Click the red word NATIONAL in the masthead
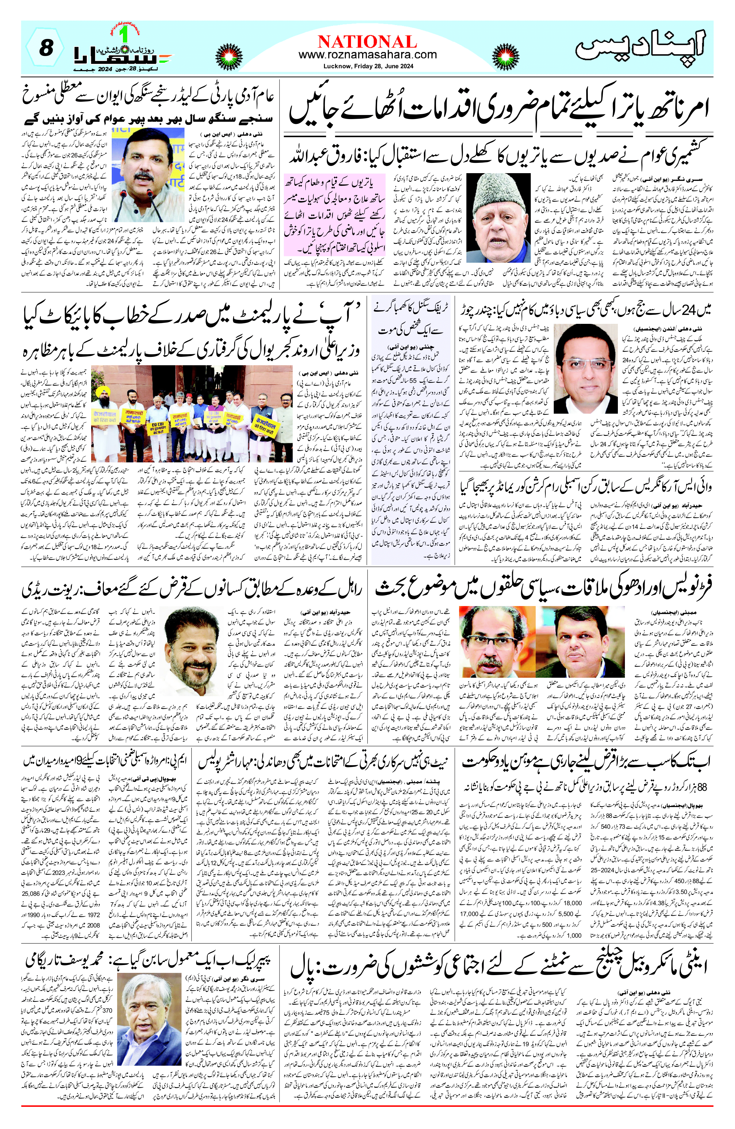(x=367, y=42)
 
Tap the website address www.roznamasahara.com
(x=367, y=55)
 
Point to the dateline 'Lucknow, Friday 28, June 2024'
(x=367, y=66)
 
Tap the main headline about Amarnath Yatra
(x=498, y=108)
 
